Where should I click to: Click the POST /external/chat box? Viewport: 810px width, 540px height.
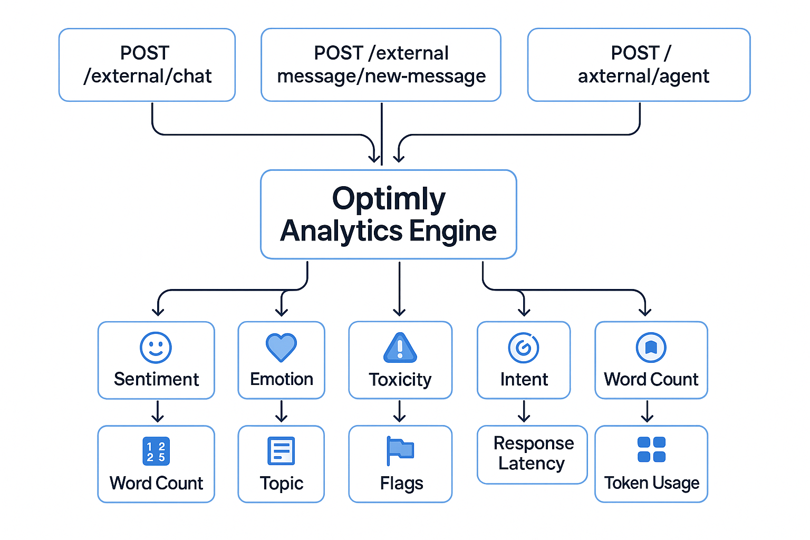point(147,65)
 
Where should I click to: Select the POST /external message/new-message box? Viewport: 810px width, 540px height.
point(381,65)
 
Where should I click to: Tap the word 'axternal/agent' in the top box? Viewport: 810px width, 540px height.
point(643,76)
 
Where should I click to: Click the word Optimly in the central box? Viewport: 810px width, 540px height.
point(389,199)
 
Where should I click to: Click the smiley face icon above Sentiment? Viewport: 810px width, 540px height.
point(156,348)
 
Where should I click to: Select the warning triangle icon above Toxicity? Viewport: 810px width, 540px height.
point(400,348)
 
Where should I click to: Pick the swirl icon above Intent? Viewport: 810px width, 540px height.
point(524,348)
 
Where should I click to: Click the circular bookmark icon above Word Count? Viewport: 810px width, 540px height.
point(651,348)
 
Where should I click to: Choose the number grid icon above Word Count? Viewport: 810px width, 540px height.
point(156,451)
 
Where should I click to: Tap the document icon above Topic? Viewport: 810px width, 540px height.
point(281,451)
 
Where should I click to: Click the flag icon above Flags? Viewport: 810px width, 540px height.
point(400,450)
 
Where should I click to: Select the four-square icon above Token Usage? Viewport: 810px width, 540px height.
point(651,449)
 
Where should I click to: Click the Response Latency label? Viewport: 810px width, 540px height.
point(533,453)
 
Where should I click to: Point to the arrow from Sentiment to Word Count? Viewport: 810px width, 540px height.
point(157,412)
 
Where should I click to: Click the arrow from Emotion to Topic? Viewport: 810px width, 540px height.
point(282,412)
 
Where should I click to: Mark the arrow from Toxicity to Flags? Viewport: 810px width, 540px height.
point(400,412)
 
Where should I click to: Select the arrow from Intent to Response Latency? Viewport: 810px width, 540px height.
point(524,412)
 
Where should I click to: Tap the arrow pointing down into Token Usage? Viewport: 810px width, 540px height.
point(647,412)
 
